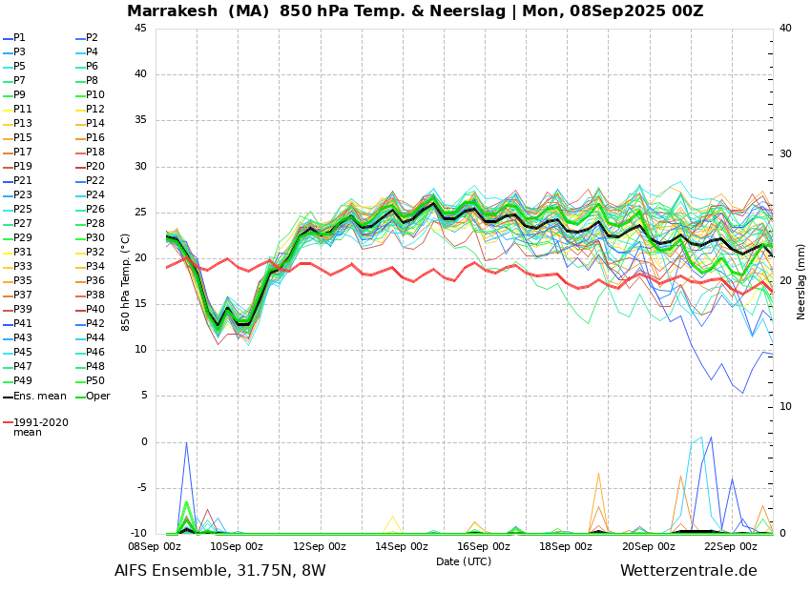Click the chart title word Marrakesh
pyautogui.click(x=172, y=11)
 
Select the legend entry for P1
pyautogui.click(x=19, y=38)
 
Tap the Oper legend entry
pyautogui.click(x=97, y=396)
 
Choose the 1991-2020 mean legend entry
pyautogui.click(x=40, y=427)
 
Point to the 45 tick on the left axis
pyautogui.click(x=140, y=29)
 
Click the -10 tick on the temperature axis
pyautogui.click(x=138, y=534)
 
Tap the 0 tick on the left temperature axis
pyautogui.click(x=143, y=442)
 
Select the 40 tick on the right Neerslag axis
pyautogui.click(x=785, y=29)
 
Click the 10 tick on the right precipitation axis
pyautogui.click(x=785, y=407)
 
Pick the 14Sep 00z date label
pyautogui.click(x=402, y=547)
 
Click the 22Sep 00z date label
pyautogui.click(x=731, y=547)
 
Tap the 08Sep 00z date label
pyautogui.click(x=155, y=547)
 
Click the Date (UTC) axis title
pyautogui.click(x=464, y=561)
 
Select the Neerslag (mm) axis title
pyautogui.click(x=801, y=281)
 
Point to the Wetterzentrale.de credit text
pyautogui.click(x=688, y=571)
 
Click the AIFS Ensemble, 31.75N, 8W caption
pyautogui.click(x=219, y=571)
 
